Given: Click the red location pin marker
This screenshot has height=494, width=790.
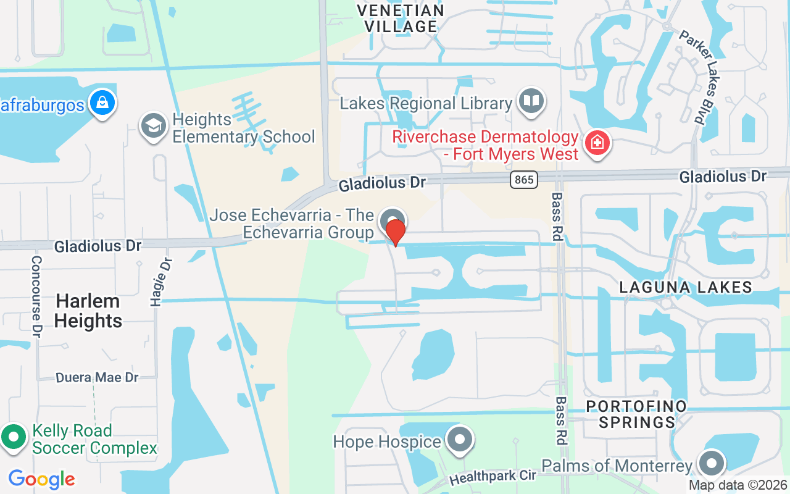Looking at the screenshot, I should (x=395, y=232).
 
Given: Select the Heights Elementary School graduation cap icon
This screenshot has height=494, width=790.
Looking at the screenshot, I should (x=153, y=126).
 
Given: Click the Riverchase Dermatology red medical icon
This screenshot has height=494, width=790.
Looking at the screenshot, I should (x=597, y=144).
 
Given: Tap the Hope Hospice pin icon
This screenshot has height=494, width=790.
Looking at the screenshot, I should (x=459, y=440).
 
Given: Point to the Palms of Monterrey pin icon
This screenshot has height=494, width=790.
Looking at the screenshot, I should (x=711, y=463).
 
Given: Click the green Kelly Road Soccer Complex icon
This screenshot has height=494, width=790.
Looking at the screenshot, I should (x=14, y=437).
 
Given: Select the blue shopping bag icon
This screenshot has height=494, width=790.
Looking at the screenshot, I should (x=102, y=102).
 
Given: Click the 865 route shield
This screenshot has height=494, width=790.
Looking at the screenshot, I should (x=524, y=180).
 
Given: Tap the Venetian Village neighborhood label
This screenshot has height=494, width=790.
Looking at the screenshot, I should (x=401, y=19).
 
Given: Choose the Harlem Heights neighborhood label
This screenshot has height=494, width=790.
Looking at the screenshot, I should (x=88, y=311).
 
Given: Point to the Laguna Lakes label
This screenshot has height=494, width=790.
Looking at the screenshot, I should (x=686, y=287).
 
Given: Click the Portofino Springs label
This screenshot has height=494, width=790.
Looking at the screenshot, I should (x=636, y=414).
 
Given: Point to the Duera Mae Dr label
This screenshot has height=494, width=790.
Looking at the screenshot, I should (x=97, y=377).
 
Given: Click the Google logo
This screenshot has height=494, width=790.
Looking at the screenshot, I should (x=41, y=479).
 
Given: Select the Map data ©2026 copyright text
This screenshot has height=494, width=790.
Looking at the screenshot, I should (x=737, y=485).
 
